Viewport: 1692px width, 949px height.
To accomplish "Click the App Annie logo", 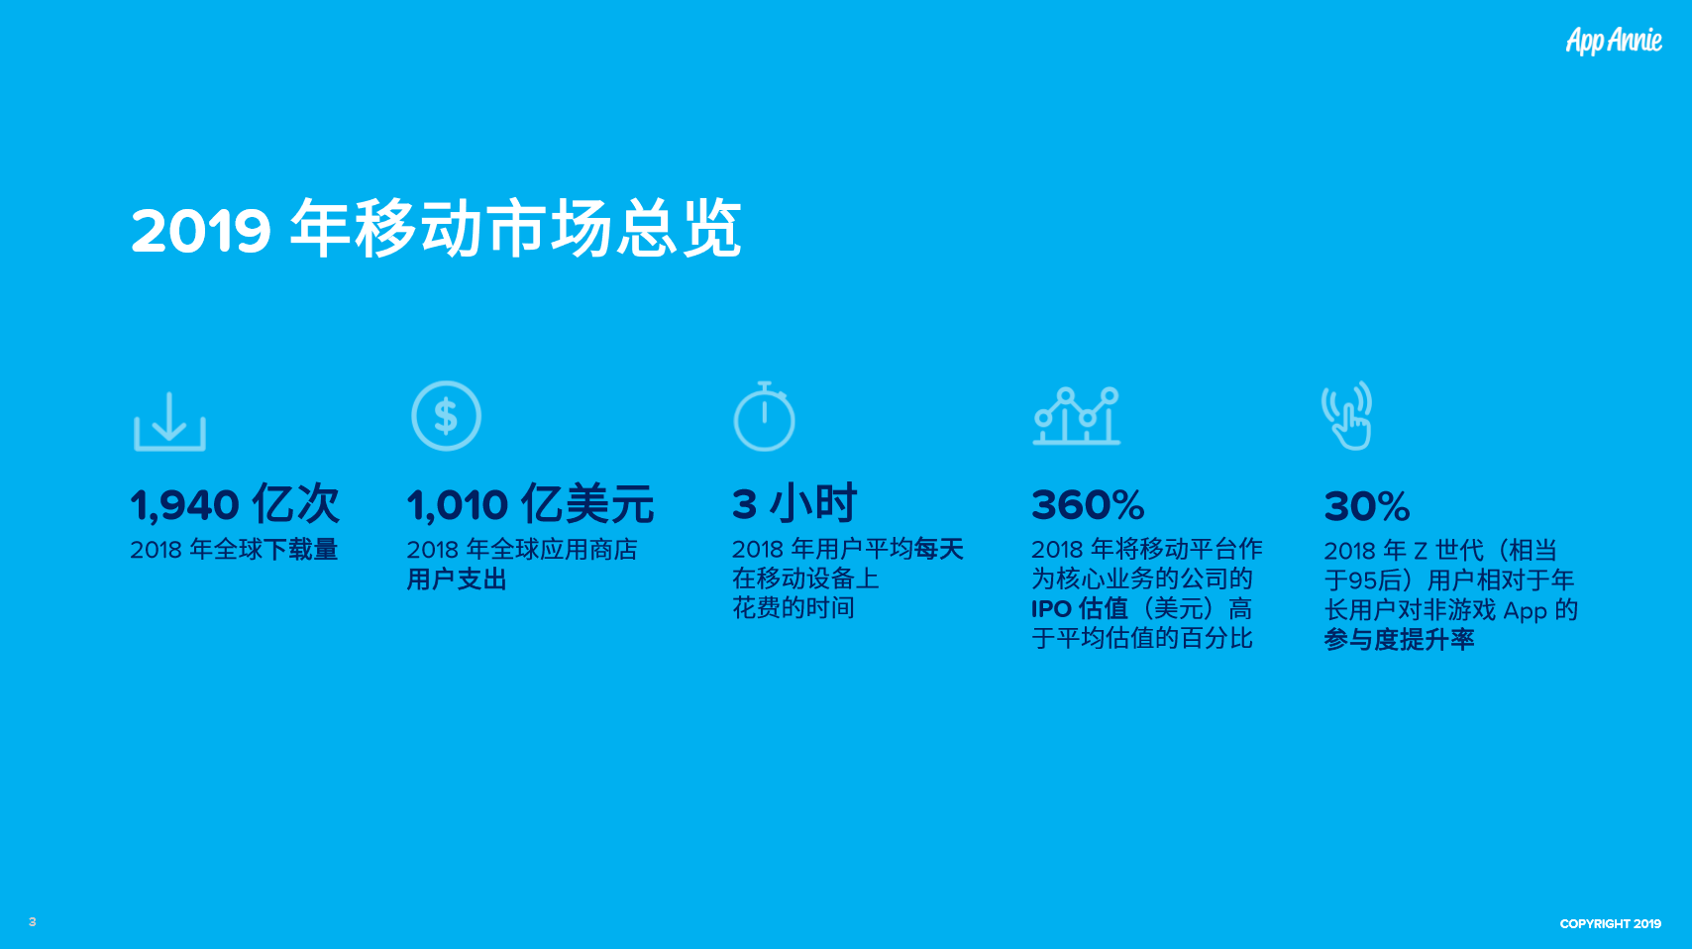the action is tap(1614, 41).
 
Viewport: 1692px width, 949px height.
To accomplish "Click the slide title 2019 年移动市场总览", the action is tap(436, 228).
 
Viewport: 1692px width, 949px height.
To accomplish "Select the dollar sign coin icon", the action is tap(447, 416).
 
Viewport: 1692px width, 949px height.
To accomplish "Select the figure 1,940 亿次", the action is tap(235, 504).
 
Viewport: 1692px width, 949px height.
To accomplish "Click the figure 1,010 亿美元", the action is tap(530, 504).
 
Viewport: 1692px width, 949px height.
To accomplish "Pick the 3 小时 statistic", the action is tap(793, 503).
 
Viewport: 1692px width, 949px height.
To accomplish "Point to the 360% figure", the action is tap(1088, 505).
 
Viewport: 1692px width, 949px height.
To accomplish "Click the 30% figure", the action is tap(1366, 506).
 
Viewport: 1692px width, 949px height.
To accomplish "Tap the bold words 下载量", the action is tap(300, 550).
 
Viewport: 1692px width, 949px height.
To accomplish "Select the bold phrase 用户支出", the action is tap(457, 580).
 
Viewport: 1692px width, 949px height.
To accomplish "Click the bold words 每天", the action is tap(939, 549).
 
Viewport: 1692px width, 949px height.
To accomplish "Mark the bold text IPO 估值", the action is tap(1080, 609).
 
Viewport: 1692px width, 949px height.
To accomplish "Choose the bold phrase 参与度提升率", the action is tap(1399, 640).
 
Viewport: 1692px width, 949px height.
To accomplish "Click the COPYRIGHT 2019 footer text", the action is tap(1611, 923).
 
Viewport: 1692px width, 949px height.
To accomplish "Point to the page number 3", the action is tap(33, 922).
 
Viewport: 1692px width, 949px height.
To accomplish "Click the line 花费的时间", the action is tap(793, 607).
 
